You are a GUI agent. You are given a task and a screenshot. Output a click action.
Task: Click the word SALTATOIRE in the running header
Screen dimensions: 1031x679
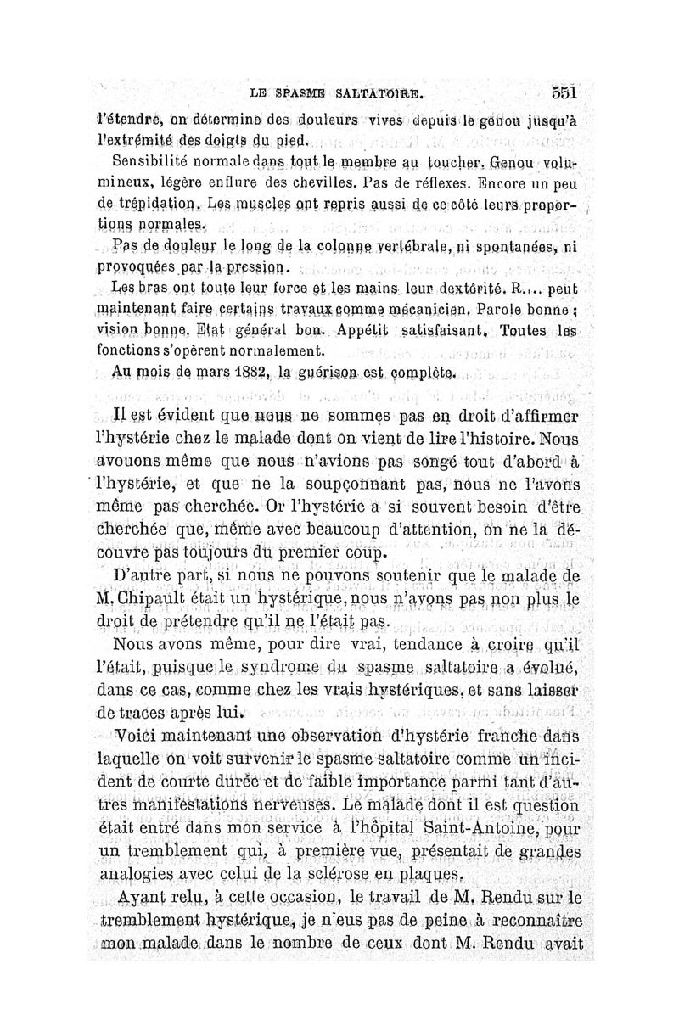(x=377, y=92)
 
